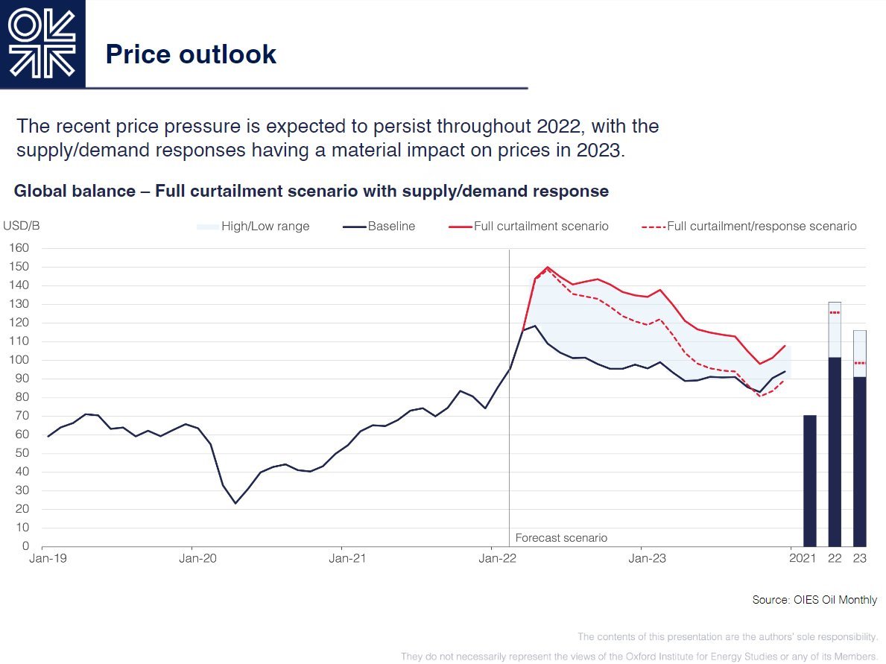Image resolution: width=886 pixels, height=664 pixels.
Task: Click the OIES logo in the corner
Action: coord(42,44)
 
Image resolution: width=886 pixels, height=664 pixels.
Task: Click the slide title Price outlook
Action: coord(191,54)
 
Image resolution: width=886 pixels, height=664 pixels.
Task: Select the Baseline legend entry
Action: coord(380,226)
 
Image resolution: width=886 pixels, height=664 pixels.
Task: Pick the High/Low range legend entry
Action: coord(253,226)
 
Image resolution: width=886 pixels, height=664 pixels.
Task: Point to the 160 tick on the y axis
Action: coord(19,248)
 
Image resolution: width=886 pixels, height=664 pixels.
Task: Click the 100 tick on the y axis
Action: coord(19,360)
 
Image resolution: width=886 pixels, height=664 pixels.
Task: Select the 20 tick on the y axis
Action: coord(22,509)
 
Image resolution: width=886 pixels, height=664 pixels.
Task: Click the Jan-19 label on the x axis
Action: coord(47,557)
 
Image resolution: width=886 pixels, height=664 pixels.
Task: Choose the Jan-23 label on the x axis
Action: coord(647,557)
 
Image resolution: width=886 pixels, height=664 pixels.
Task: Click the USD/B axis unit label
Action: coord(20,226)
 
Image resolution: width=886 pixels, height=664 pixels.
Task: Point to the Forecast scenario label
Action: coord(561,537)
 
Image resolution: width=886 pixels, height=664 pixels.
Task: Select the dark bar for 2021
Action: coord(810,481)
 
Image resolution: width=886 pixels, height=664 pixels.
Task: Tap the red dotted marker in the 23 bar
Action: coord(860,363)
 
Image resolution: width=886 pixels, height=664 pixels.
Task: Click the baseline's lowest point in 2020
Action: coord(235,503)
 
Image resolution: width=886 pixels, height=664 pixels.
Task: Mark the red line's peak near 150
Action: coord(548,267)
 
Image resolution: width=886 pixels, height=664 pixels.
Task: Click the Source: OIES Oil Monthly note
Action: coord(814,600)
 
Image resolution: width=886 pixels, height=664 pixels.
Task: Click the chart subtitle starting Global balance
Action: coord(311,191)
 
